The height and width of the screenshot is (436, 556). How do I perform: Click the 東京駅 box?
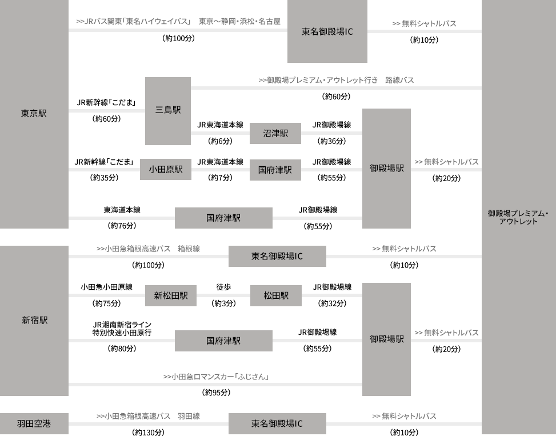point(34,113)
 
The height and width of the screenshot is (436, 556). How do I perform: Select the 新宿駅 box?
point(34,320)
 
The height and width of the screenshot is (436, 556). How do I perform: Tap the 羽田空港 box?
point(34,423)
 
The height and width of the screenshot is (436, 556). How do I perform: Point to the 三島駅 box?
point(168,110)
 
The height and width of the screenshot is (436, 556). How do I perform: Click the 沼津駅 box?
point(275,134)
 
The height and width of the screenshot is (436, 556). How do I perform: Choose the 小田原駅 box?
point(166,169)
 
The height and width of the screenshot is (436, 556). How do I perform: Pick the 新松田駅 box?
point(170,295)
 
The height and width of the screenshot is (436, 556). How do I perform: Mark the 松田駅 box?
point(275,295)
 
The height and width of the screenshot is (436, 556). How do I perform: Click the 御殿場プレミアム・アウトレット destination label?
point(518,217)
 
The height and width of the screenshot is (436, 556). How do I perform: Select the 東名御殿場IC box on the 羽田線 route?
point(277,423)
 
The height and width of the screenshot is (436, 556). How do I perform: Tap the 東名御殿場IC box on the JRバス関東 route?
point(327,32)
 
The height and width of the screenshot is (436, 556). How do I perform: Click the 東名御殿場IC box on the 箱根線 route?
point(277,256)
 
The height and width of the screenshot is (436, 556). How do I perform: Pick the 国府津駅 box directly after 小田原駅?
point(275,170)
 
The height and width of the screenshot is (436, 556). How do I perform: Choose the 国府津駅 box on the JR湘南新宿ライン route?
point(223,341)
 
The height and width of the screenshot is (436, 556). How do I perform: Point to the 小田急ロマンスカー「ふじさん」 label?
point(216,377)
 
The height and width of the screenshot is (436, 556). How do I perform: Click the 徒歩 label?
point(223,287)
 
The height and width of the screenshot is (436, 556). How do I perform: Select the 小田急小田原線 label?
point(106,287)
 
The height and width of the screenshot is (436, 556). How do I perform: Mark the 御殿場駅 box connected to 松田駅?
point(386,339)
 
